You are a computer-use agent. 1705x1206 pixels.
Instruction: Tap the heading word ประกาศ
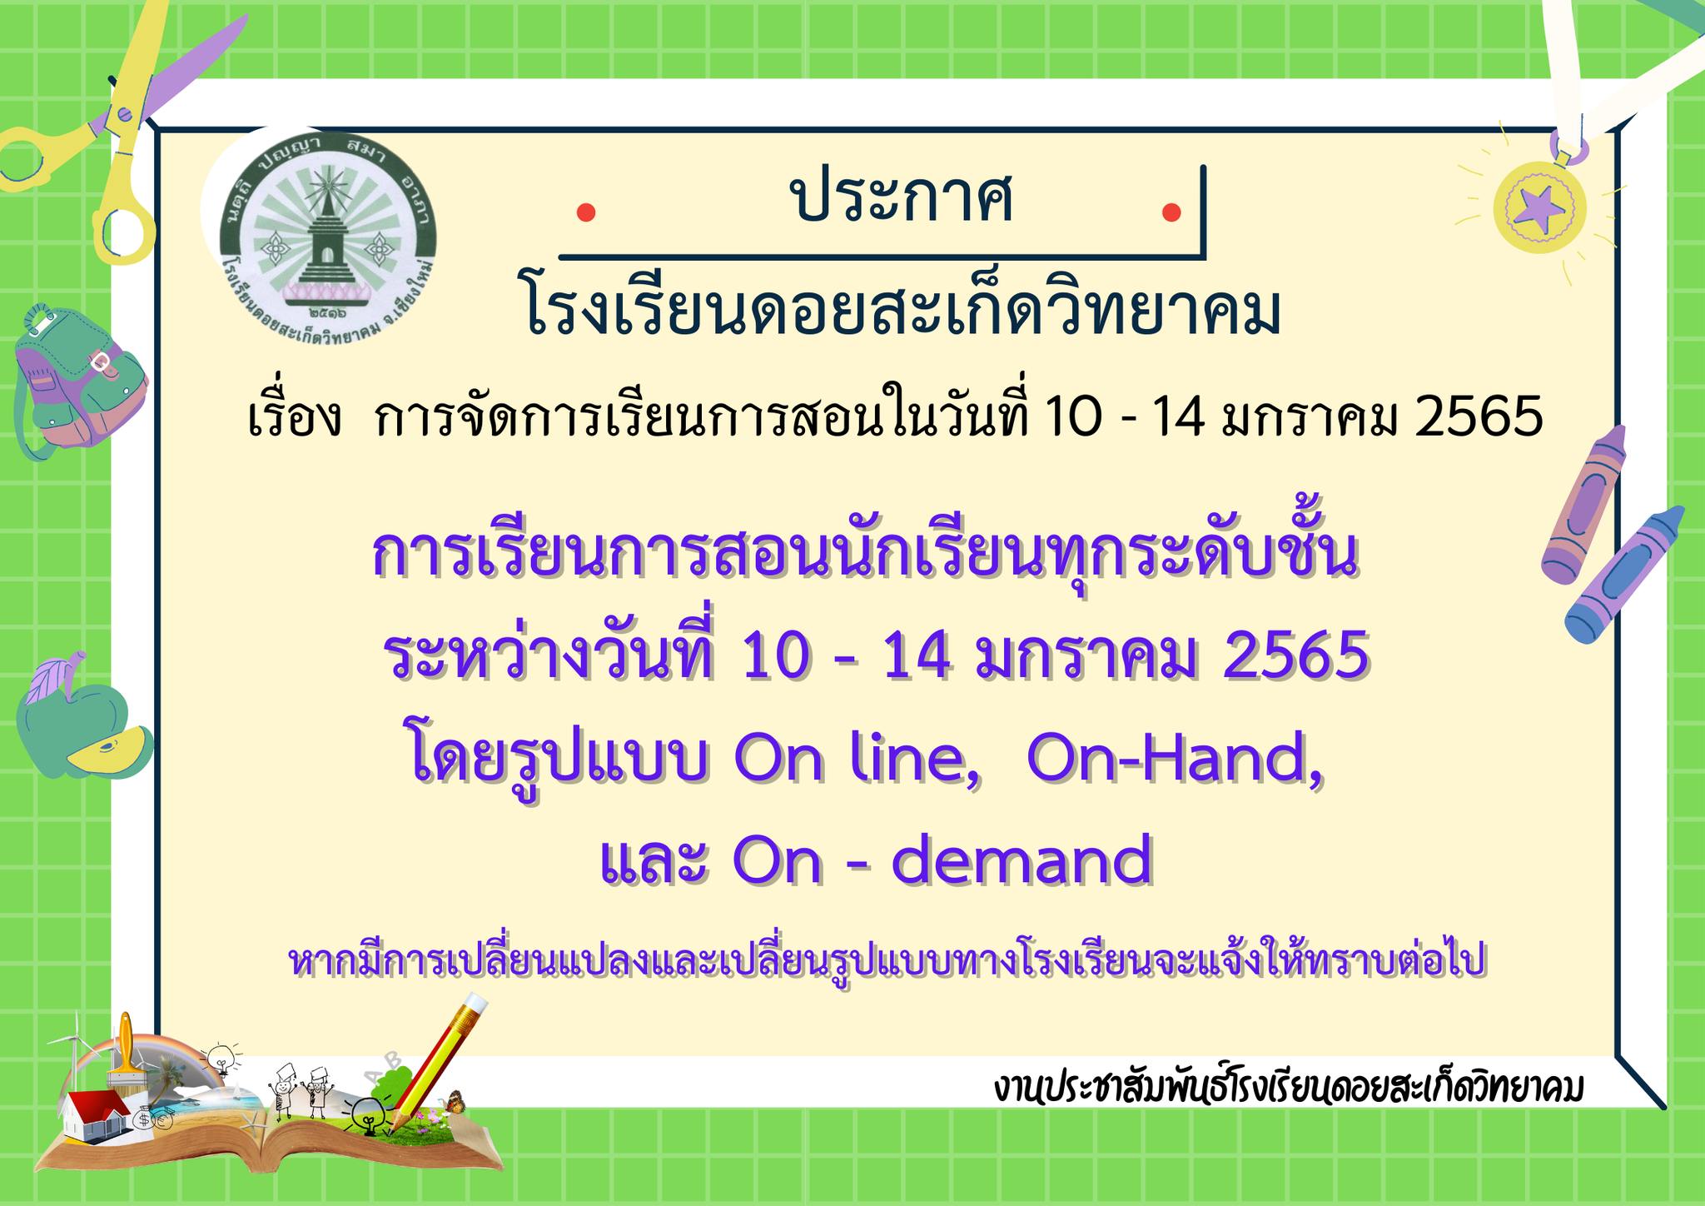tap(902, 201)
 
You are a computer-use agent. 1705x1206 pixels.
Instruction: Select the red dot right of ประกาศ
tap(1171, 212)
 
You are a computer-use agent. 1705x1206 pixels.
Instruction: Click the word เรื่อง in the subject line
tap(296, 418)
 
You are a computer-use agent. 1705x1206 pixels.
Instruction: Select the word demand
tap(1022, 859)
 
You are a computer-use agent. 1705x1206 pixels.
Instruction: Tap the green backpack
tap(80, 379)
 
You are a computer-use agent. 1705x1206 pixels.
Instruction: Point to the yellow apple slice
tap(108, 749)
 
